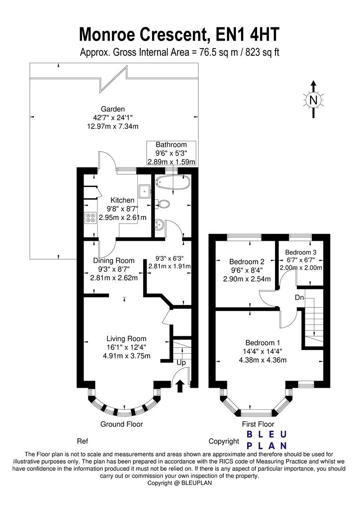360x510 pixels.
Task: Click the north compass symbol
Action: coord(313,100)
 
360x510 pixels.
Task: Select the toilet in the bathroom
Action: coord(163,204)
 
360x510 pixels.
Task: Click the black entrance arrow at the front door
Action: coord(180,387)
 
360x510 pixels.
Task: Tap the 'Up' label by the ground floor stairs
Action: coord(181,363)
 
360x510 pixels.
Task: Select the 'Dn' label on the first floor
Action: coord(299,297)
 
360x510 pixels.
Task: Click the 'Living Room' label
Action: coord(126,339)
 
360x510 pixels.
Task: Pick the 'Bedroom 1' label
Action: coord(262,342)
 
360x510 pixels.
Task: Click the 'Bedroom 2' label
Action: coord(246,262)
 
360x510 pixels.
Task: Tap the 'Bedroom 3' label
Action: coord(301,252)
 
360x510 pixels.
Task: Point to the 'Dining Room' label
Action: coord(114,260)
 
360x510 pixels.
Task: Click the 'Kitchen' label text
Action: coord(122,200)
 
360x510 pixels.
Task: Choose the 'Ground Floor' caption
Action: coord(121,424)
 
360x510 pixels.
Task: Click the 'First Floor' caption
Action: coord(258,424)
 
